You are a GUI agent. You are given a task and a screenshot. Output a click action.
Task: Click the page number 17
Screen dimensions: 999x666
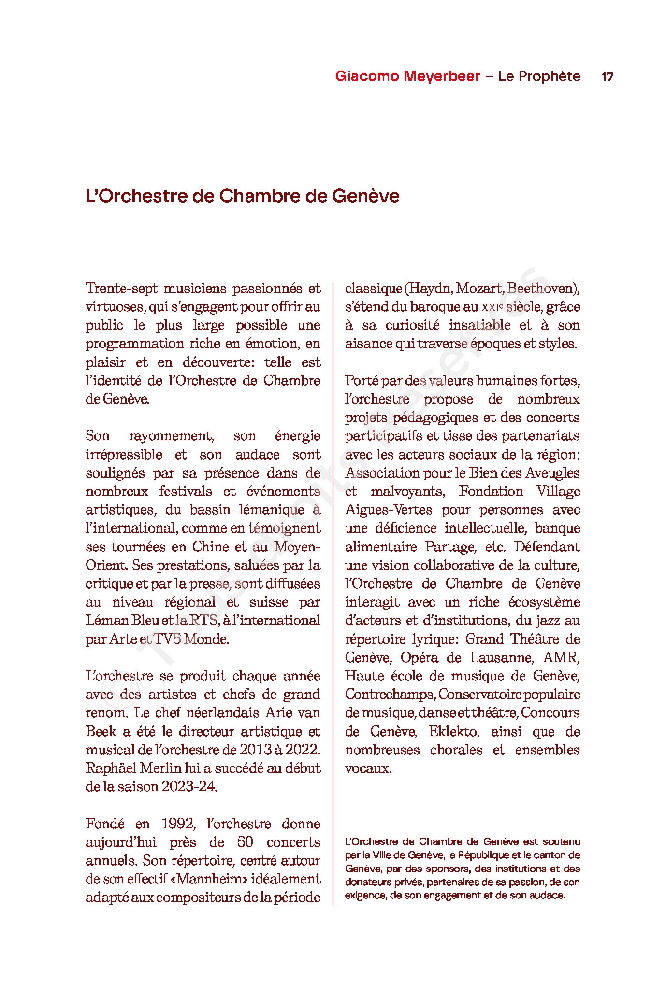[607, 76]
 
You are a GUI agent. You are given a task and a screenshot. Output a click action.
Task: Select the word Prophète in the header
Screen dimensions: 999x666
[549, 76]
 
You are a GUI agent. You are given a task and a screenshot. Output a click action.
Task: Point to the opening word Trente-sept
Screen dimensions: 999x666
[122, 289]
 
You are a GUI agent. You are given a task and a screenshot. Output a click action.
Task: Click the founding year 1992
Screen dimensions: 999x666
[178, 824]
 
